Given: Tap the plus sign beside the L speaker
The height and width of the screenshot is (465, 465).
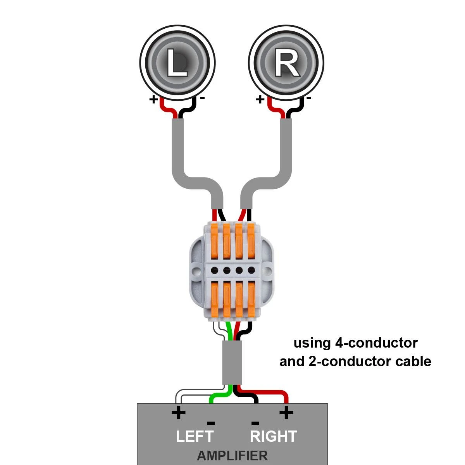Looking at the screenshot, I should click(x=154, y=100).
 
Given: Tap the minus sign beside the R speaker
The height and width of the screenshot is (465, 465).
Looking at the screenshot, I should click(x=309, y=98).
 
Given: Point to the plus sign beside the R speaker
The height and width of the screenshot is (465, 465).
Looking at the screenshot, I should click(x=260, y=100).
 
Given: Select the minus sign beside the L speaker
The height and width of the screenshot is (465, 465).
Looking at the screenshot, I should click(x=202, y=98).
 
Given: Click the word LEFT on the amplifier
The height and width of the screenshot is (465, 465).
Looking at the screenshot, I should click(x=195, y=436).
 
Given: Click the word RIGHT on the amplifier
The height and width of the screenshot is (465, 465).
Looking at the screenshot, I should click(x=274, y=436).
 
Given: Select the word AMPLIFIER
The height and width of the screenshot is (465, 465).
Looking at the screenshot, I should click(x=232, y=456).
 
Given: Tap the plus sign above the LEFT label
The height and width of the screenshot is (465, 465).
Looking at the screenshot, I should click(x=178, y=413).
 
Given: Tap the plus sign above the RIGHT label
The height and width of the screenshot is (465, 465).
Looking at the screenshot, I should click(x=286, y=413).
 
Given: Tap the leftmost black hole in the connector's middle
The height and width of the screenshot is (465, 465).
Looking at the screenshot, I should click(x=214, y=270).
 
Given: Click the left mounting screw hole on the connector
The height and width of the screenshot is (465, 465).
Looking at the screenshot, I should click(x=197, y=269).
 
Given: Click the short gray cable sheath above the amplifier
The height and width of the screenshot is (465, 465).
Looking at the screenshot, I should click(x=232, y=362).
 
